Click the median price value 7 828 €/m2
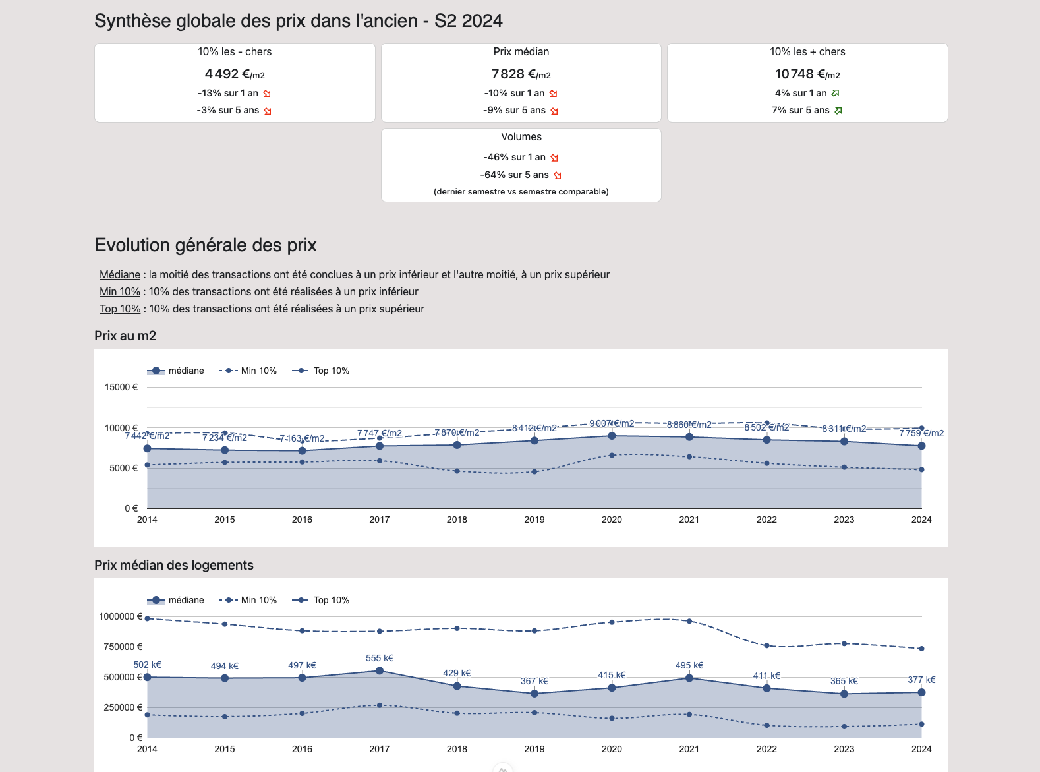521,74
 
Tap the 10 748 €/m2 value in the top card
807,74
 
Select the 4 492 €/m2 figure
235,74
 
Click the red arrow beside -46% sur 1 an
554,158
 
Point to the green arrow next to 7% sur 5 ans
838,111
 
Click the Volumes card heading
521,136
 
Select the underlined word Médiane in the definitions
120,274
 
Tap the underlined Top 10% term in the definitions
120,309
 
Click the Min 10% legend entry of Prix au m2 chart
248,371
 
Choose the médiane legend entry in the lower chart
175,600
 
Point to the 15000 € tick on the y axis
121,387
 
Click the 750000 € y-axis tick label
123,647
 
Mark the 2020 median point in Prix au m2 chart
612,436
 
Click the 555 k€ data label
380,658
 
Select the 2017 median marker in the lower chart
380,670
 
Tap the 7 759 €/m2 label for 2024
921,433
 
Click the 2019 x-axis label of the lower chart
534,749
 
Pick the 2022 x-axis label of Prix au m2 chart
766,520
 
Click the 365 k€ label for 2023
844,681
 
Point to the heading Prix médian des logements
174,565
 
